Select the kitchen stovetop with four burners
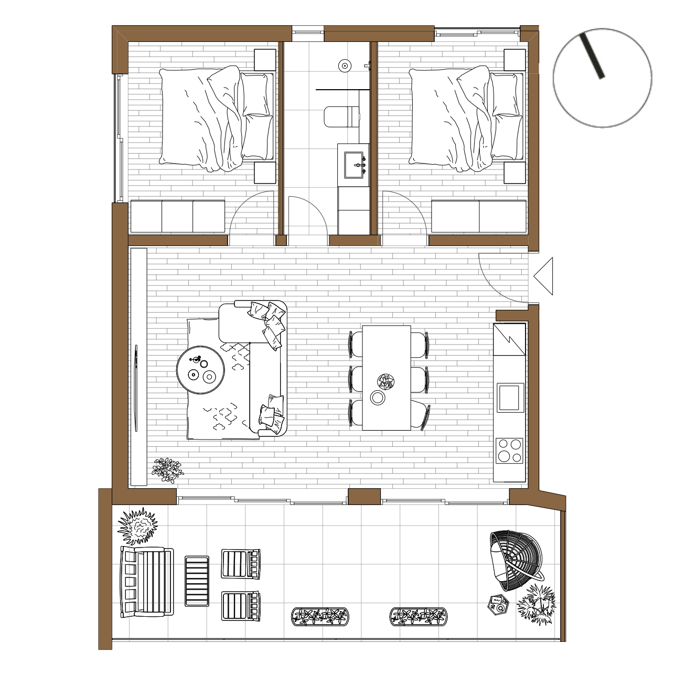[509, 451]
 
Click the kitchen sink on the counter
[509, 397]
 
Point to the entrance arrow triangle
[544, 276]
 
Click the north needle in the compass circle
[592, 56]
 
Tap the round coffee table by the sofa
[201, 370]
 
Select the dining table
[387, 378]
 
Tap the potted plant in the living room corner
[167, 469]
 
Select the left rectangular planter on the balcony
[320, 617]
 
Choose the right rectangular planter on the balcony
[419, 617]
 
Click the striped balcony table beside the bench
[197, 581]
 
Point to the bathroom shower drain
[345, 66]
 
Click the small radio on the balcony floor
[498, 605]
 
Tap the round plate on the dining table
[378, 398]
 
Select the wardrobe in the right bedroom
[478, 216]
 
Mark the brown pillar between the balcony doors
[364, 496]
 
